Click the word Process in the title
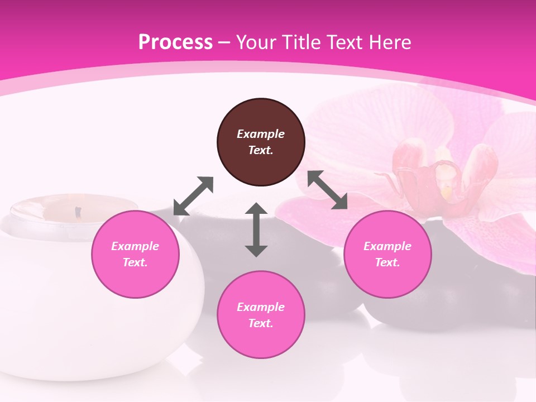tap(175, 42)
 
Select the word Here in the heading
tap(391, 42)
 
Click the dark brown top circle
tap(261, 142)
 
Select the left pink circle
tap(135, 254)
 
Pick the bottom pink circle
tap(261, 314)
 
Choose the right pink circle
tap(387, 254)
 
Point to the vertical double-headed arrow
tap(256, 229)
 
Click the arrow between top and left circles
tap(194, 195)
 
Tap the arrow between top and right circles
tap(328, 190)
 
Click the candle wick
tap(78, 212)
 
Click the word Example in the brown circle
tap(261, 134)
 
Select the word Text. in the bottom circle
tap(261, 323)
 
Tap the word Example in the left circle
tap(135, 246)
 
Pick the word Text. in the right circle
tap(387, 262)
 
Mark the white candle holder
tap(50, 290)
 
